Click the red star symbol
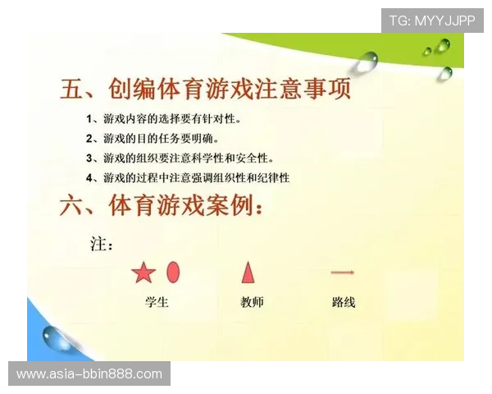click(143, 273)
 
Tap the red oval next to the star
click(173, 272)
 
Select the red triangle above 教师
click(248, 272)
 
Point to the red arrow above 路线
click(342, 273)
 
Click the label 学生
click(157, 302)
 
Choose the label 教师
click(252, 302)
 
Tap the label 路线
click(344, 302)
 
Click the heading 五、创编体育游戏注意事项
click(206, 89)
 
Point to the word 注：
click(101, 244)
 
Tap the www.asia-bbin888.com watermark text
click(89, 374)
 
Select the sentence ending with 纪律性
click(196, 177)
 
